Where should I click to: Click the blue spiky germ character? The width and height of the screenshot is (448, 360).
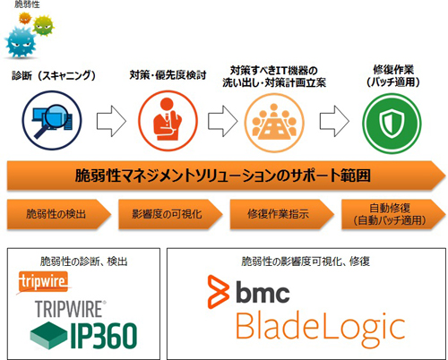[x=21, y=42]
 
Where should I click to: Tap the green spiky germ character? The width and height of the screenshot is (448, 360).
[x=44, y=26]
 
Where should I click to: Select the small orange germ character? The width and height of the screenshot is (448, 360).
[x=25, y=18]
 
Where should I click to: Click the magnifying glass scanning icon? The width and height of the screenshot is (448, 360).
[x=52, y=121]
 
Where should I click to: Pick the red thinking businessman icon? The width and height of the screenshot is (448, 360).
[x=168, y=121]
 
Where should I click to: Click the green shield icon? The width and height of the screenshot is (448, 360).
[x=392, y=123]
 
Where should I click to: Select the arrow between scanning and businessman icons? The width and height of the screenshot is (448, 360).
[x=111, y=121]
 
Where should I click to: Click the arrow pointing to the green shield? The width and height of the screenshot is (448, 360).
[x=334, y=121]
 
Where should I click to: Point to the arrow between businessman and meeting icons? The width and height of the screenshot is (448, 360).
[x=222, y=121]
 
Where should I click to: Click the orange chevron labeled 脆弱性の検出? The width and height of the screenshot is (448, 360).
[x=59, y=214]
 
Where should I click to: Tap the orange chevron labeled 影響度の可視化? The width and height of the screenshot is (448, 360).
[x=170, y=214]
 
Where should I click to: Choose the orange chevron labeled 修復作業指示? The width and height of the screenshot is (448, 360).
[x=281, y=214]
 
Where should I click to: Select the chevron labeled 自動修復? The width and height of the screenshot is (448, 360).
[x=393, y=214]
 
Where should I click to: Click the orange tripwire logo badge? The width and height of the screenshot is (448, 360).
[x=43, y=281]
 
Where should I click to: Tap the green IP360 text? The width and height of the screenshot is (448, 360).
[x=104, y=336]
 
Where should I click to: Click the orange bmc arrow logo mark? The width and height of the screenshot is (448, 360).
[x=219, y=292]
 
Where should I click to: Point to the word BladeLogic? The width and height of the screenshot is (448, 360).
[x=321, y=329]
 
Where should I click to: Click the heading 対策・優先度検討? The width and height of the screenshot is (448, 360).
[x=168, y=75]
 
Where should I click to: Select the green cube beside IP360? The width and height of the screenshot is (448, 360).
[x=48, y=335]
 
